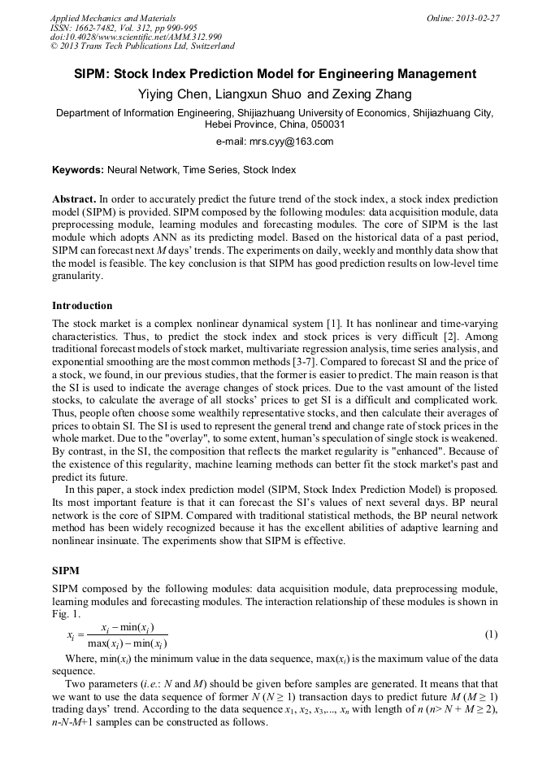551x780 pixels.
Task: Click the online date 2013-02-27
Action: [479, 18]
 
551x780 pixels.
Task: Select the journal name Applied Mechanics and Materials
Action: [112, 18]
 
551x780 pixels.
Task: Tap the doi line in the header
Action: [136, 37]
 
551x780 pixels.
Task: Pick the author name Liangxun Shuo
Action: [262, 94]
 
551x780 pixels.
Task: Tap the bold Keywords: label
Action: [77, 170]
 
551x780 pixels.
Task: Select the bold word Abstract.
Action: [74, 199]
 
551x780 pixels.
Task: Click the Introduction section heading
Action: [82, 306]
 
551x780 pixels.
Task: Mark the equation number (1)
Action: [491, 634]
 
